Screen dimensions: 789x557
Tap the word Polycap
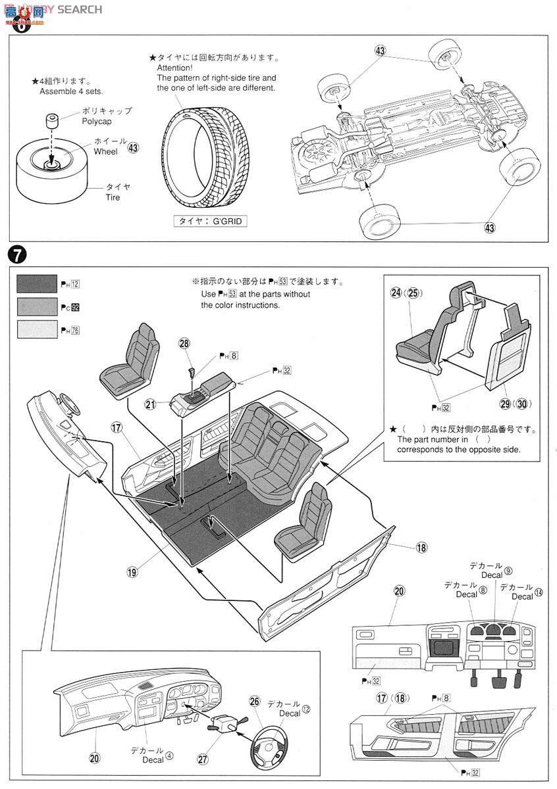tap(97, 122)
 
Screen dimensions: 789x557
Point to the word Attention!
tap(174, 68)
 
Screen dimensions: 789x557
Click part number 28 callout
tap(184, 343)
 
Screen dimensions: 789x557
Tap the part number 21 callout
tap(151, 405)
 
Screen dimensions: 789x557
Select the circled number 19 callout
tap(132, 571)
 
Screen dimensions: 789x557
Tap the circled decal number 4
tap(169, 755)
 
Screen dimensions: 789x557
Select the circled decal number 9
tap(508, 571)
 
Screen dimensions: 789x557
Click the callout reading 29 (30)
tap(516, 403)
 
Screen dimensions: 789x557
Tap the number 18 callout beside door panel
tap(422, 546)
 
